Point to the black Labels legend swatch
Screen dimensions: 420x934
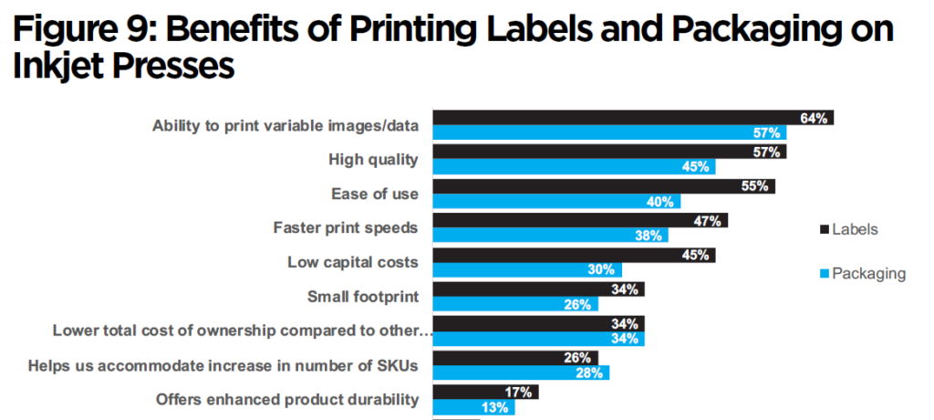click(825, 229)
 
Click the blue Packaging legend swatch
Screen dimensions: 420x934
click(825, 273)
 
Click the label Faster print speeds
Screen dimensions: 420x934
click(346, 227)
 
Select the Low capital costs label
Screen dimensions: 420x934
click(352, 262)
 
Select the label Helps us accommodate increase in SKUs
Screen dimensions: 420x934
click(223, 366)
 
